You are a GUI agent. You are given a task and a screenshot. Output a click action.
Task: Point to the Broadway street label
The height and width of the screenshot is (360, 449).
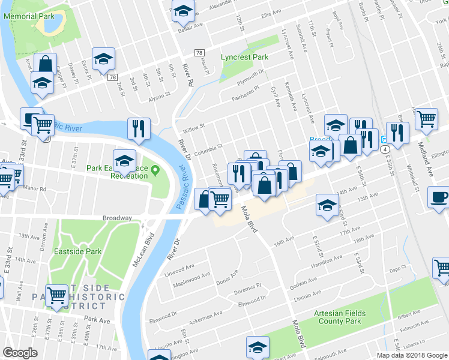coord(117,218)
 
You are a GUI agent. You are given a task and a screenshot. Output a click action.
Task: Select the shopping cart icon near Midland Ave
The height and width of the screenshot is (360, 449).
coord(426,118)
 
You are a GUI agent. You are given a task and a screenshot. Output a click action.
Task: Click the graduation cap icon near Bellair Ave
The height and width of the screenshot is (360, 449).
coord(182,10)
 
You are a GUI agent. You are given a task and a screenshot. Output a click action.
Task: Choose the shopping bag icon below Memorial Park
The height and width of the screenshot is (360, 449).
coord(45,63)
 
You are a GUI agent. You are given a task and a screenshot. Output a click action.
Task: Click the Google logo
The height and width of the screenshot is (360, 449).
coord(20,353)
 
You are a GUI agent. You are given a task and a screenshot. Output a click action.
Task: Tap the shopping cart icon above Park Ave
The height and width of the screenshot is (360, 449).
coord(57,295)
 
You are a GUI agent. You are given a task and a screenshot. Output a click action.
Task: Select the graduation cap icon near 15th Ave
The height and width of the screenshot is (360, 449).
coord(327,204)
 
